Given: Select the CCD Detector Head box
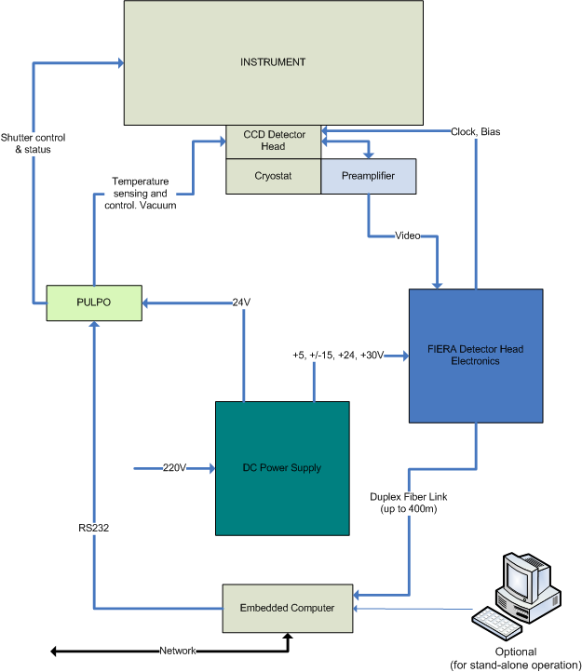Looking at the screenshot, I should pyautogui.click(x=272, y=141).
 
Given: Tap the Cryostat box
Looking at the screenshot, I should pyautogui.click(x=273, y=175).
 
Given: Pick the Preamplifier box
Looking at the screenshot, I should pyautogui.click(x=368, y=175).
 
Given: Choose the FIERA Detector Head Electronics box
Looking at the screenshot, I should pyautogui.click(x=475, y=355).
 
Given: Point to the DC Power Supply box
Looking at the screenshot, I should pyautogui.click(x=282, y=467).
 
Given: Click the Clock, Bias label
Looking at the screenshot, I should pyautogui.click(x=475, y=131).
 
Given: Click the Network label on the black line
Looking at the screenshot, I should pyautogui.click(x=178, y=651).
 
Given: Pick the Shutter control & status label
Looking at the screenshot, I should pyautogui.click(x=33, y=141).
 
